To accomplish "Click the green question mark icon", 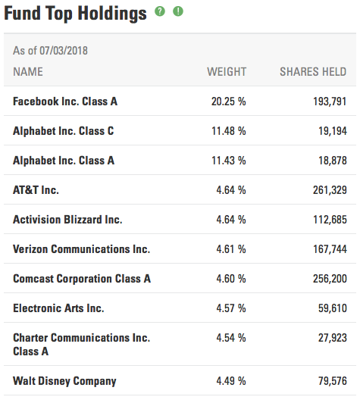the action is click(x=160, y=11).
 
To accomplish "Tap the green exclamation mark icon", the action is click(x=178, y=11).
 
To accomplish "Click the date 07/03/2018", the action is click(x=64, y=51).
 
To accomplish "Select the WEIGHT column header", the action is click(x=227, y=72).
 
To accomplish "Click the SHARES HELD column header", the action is click(x=313, y=72).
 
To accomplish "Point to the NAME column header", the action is click(x=28, y=72).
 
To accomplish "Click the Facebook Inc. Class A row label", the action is click(x=65, y=102).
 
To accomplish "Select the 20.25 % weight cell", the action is click(x=229, y=102).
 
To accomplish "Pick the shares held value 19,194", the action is click(x=333, y=131).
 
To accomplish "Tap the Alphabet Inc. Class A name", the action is click(x=64, y=161).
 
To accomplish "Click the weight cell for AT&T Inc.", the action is click(x=231, y=190).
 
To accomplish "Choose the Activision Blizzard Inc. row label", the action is click(x=67, y=220).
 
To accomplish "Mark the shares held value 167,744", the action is click(x=330, y=249).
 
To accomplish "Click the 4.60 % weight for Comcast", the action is click(x=231, y=279).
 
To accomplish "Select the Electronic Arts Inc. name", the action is click(x=58, y=308).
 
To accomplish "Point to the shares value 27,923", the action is click(x=333, y=338).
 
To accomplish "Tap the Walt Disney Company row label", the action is click(x=64, y=381).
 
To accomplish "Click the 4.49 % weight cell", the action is click(x=231, y=381).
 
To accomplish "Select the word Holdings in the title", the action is click(x=112, y=14).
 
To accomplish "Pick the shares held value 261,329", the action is click(x=330, y=190).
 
